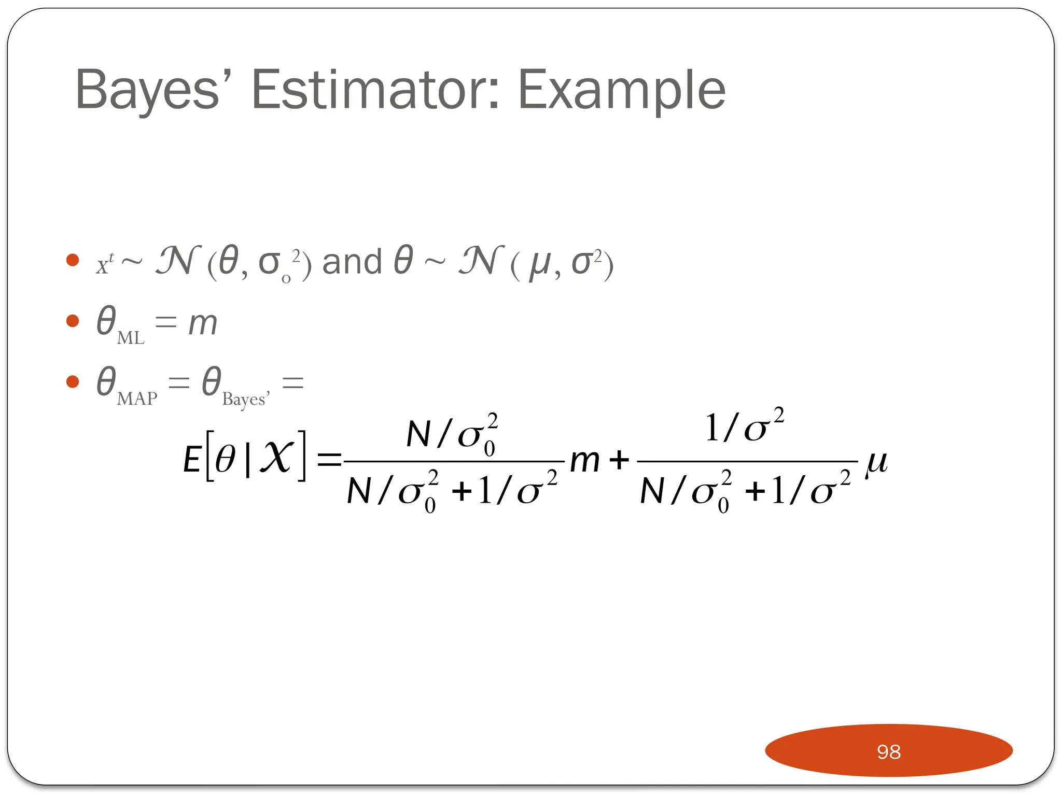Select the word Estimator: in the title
click(x=375, y=90)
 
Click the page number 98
click(x=888, y=751)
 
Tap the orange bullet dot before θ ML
click(x=73, y=321)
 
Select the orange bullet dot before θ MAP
click(x=73, y=382)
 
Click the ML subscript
click(x=131, y=338)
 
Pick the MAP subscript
click(x=137, y=399)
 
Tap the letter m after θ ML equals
click(x=202, y=323)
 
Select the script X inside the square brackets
click(x=277, y=457)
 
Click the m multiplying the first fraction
click(x=585, y=461)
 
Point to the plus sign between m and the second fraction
click(x=619, y=460)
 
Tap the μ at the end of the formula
click(x=876, y=461)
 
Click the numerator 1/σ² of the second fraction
click(x=744, y=427)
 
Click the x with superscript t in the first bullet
click(x=104, y=264)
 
